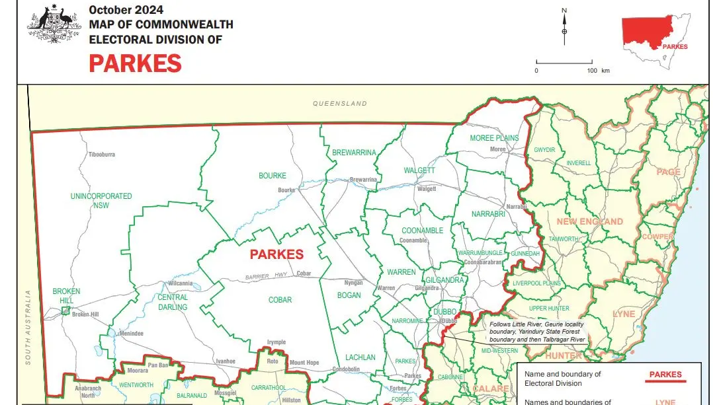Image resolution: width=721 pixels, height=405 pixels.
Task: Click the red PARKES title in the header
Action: (x=135, y=63)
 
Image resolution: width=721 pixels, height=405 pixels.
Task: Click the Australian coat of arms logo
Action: (x=53, y=26)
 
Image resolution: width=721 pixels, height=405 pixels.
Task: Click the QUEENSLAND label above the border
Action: (x=340, y=104)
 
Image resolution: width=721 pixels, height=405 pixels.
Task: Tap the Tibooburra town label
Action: (x=101, y=155)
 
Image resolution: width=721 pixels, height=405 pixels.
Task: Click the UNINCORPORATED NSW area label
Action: (x=101, y=201)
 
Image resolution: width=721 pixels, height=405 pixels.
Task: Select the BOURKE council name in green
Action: (x=273, y=176)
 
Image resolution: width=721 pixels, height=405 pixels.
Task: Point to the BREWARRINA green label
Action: (x=354, y=153)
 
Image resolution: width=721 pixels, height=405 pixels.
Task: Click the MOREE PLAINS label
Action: (x=494, y=138)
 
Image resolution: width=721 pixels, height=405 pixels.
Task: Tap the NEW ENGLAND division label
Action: (x=589, y=221)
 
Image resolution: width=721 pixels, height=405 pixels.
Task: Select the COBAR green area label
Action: (x=280, y=300)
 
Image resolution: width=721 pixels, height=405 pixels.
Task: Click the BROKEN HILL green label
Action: (x=66, y=295)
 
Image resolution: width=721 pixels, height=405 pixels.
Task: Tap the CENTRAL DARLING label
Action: (x=173, y=302)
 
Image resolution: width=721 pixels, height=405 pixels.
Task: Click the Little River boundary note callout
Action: (x=537, y=332)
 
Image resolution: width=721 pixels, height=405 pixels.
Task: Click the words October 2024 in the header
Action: (x=126, y=10)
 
